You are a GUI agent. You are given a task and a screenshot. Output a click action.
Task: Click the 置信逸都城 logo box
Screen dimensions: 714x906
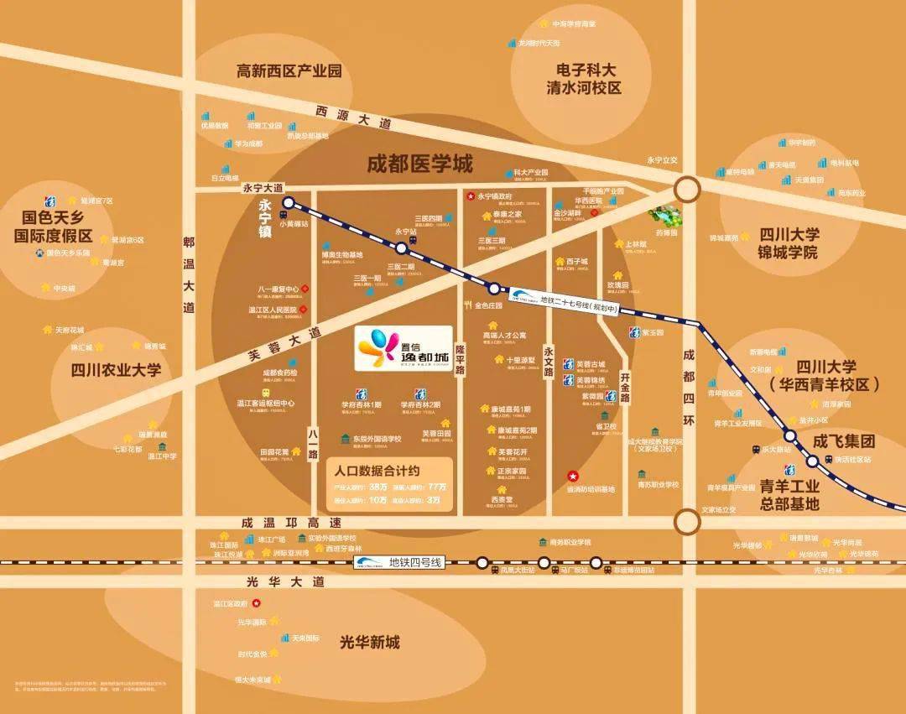pyautogui.click(x=404, y=348)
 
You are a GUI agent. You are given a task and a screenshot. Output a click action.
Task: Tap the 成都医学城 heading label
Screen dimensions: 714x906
pyautogui.click(x=419, y=164)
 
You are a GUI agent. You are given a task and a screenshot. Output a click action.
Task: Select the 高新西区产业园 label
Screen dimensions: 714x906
pyautogui.click(x=289, y=71)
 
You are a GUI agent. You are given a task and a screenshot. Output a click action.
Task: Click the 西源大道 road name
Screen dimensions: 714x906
pyautogui.click(x=354, y=117)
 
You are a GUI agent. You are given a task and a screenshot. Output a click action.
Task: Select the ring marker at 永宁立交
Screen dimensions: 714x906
pyautogui.click(x=687, y=189)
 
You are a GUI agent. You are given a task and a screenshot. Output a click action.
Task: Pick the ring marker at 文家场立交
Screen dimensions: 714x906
pyautogui.click(x=687, y=521)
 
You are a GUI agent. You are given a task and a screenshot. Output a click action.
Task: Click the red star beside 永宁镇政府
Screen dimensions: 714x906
pyautogui.click(x=470, y=196)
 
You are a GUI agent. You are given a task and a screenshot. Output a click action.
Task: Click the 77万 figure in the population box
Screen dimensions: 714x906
pyautogui.click(x=437, y=487)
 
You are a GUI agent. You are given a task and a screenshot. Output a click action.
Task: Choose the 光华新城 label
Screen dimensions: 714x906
pyautogui.click(x=370, y=643)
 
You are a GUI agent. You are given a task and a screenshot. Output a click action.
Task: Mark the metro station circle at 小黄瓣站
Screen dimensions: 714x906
pyautogui.click(x=288, y=203)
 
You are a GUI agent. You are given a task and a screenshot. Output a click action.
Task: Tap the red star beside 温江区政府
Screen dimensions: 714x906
pyautogui.click(x=258, y=602)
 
